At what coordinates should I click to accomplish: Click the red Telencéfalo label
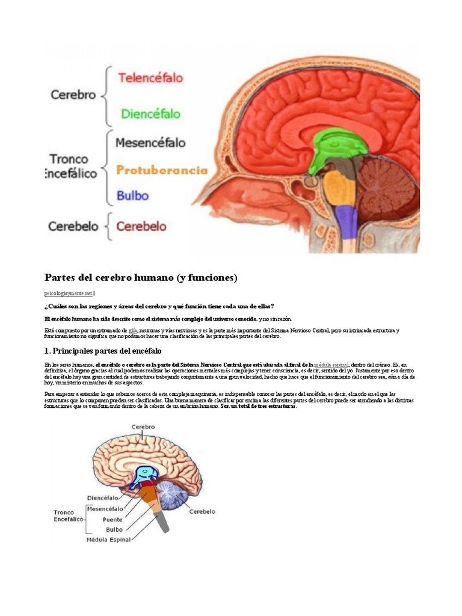point(150,78)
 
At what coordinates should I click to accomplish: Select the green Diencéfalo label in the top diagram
point(150,113)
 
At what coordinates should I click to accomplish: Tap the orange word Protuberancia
point(161,170)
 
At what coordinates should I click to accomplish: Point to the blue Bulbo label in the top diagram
point(132,196)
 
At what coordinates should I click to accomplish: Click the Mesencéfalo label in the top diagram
point(150,144)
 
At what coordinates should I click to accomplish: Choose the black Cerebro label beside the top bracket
point(73,95)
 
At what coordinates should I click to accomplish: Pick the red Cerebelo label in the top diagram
point(141,227)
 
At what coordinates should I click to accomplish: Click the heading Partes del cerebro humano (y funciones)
point(141,277)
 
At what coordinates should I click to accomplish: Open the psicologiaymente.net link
point(69,294)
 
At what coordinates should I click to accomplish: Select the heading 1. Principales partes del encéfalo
point(103,350)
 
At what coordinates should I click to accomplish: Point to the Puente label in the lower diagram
point(112,519)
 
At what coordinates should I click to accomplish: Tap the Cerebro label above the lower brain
point(144,427)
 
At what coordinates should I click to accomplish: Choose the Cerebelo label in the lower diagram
point(202,512)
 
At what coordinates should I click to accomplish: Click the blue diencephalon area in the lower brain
point(144,475)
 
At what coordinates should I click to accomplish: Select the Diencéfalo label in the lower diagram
point(103,498)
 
